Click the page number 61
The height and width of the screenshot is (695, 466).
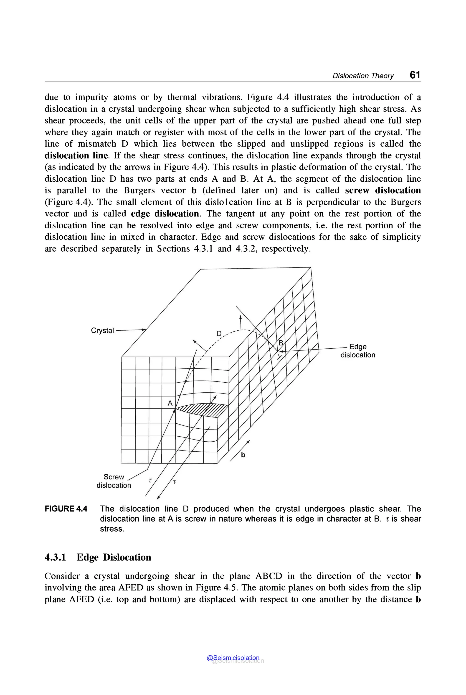[415, 75]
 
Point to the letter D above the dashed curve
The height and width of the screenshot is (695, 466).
[219, 334]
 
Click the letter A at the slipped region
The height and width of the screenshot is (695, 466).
[170, 403]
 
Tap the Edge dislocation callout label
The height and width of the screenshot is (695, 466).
[358, 351]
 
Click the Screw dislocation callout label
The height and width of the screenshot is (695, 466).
[114, 481]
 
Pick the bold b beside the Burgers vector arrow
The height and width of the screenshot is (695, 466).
[243, 455]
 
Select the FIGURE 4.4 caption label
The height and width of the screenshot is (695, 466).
[66, 509]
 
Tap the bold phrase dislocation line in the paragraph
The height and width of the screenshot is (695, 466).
[76, 155]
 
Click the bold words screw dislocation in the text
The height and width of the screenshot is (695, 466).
[383, 190]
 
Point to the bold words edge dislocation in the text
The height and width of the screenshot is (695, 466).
[165, 214]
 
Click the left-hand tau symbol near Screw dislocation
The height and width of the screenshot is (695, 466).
[150, 480]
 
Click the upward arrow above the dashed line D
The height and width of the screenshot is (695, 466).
[241, 322]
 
